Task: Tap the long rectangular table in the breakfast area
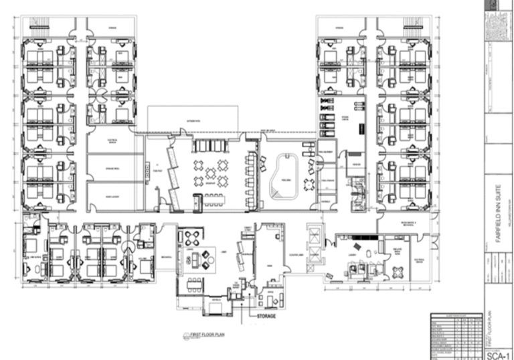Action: click(x=214, y=198)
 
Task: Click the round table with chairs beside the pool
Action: click(x=309, y=183)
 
